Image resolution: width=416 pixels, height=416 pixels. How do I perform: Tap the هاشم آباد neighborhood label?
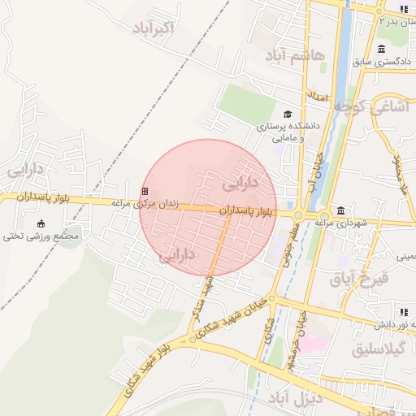[x=294, y=55]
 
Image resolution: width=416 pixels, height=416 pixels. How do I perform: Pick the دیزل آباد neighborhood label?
[x=294, y=398]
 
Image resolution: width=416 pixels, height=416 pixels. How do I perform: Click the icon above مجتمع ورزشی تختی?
[x=41, y=223]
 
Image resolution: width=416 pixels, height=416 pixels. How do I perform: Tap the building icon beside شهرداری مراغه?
[x=340, y=210]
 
